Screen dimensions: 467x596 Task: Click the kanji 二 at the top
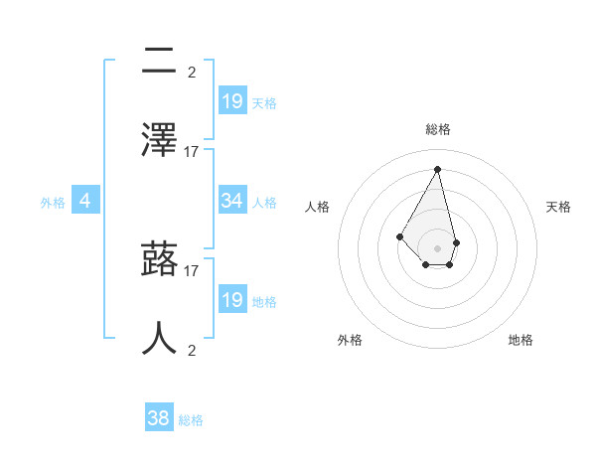pyautogui.click(x=159, y=62)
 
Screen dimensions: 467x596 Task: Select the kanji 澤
pyautogui.click(x=159, y=141)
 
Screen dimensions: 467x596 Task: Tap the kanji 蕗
pyautogui.click(x=159, y=260)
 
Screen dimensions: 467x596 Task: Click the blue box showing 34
pyautogui.click(x=232, y=201)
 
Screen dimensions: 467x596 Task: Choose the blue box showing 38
pyautogui.click(x=159, y=419)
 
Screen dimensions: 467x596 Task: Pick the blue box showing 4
pyautogui.click(x=85, y=201)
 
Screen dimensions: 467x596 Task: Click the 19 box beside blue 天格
pyautogui.click(x=232, y=101)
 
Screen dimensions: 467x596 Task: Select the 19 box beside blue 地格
pyautogui.click(x=232, y=300)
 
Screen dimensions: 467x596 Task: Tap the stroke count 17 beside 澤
pyautogui.click(x=192, y=151)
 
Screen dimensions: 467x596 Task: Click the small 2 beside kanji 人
pyautogui.click(x=192, y=350)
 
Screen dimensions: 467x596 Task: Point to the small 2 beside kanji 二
pyautogui.click(x=192, y=72)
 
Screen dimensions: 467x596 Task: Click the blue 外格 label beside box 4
pyautogui.click(x=53, y=203)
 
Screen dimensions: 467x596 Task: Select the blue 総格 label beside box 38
pyautogui.click(x=191, y=421)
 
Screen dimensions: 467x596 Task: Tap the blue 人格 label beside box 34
pyautogui.click(x=264, y=203)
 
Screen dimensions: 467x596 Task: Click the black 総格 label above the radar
pyautogui.click(x=438, y=129)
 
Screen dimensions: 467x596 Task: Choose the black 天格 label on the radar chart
pyautogui.click(x=559, y=207)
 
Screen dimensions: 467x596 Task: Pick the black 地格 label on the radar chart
pyautogui.click(x=521, y=340)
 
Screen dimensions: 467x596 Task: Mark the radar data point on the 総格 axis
pyautogui.click(x=438, y=169)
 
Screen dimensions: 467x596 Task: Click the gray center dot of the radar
pyautogui.click(x=438, y=247)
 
